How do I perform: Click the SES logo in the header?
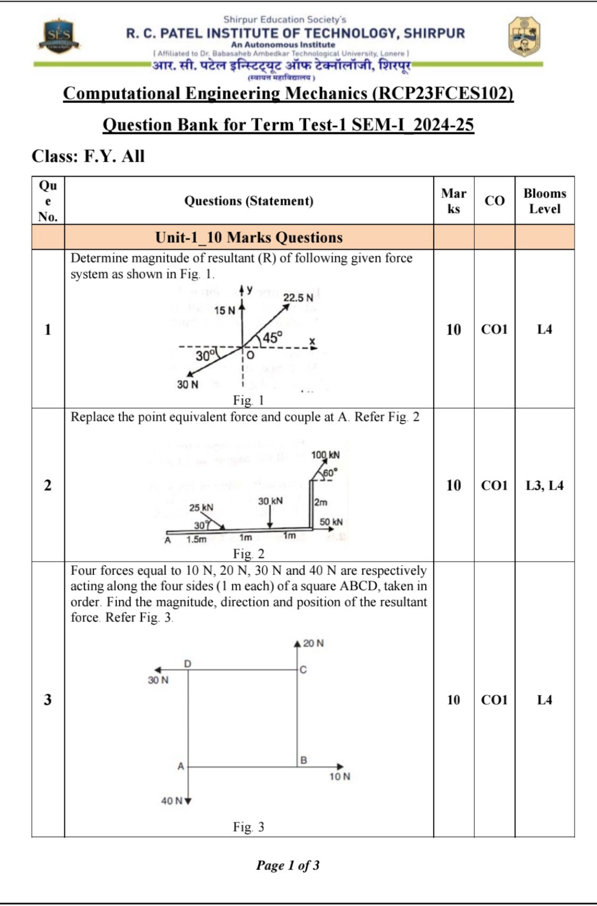(x=59, y=37)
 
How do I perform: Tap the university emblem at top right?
(x=525, y=37)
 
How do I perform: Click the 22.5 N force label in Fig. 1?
(x=298, y=298)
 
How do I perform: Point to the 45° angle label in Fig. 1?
(x=272, y=337)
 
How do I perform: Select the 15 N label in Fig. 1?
(x=225, y=310)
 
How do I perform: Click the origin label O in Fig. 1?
(x=250, y=355)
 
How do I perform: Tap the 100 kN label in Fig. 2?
(x=326, y=455)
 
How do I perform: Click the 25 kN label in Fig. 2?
(x=201, y=507)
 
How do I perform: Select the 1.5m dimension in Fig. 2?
(x=196, y=539)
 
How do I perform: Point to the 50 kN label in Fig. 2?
(x=331, y=522)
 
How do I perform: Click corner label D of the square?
(x=188, y=664)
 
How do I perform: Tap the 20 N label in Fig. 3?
(x=313, y=643)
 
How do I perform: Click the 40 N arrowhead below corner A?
(x=188, y=801)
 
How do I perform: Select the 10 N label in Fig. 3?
(x=340, y=776)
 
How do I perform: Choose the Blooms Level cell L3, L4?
(x=544, y=485)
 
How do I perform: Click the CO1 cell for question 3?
(x=494, y=700)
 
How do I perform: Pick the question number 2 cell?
(x=48, y=485)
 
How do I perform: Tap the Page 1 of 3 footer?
(x=288, y=865)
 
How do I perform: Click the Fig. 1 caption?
(x=248, y=400)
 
